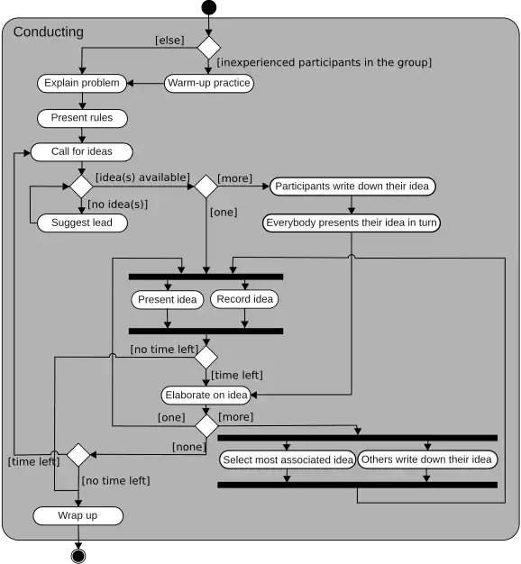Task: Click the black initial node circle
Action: (209, 7)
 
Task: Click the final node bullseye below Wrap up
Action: (78, 556)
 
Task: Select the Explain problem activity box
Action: (82, 83)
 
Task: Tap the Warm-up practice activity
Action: (209, 83)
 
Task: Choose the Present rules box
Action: (82, 118)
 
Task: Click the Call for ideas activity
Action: (82, 151)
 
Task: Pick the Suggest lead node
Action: (82, 223)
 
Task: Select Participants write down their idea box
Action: (352, 186)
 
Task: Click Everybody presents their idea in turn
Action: (352, 223)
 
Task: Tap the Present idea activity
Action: (168, 300)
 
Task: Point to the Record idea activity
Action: (244, 299)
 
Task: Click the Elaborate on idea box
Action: (206, 395)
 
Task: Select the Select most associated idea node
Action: (288, 459)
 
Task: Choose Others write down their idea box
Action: (427, 459)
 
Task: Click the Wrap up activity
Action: (78, 516)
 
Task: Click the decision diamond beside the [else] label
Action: (209, 48)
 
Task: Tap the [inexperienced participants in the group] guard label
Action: (324, 62)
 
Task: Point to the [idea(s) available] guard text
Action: (142, 177)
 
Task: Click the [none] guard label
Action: (189, 447)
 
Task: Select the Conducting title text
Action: (49, 32)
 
